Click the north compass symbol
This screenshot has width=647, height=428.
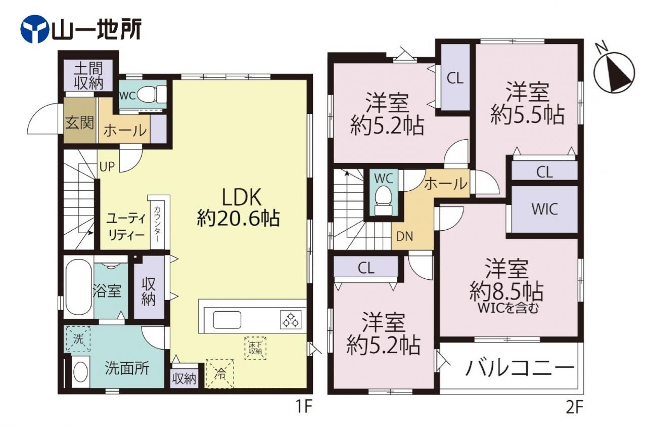[614, 72]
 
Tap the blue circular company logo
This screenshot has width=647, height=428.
[34, 29]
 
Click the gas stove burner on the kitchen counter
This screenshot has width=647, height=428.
[291, 320]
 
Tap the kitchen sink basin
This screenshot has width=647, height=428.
[227, 320]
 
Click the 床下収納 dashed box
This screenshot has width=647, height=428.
[255, 348]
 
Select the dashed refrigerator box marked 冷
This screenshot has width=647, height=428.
[219, 374]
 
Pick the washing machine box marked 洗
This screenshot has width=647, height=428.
[78, 339]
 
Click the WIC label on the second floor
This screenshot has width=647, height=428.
[545, 209]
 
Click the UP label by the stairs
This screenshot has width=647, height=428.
[107, 166]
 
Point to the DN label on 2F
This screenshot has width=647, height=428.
[404, 237]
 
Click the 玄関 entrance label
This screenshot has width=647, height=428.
[79, 123]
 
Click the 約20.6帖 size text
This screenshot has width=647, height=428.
[239, 219]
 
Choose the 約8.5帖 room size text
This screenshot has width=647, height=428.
[506, 292]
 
